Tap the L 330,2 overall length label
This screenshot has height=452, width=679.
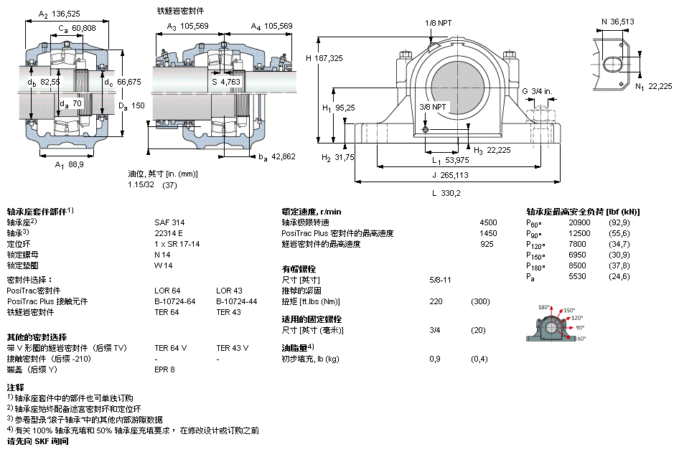pyautogui.click(x=446, y=192)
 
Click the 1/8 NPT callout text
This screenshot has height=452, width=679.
pyautogui.click(x=439, y=23)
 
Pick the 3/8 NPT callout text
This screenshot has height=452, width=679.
pyautogui.click(x=432, y=107)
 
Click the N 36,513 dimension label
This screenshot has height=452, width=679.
pyautogui.click(x=617, y=22)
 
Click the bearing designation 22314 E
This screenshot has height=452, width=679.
pyautogui.click(x=169, y=233)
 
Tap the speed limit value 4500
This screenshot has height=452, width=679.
pyautogui.click(x=487, y=222)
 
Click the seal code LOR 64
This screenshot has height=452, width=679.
pyautogui.click(x=167, y=291)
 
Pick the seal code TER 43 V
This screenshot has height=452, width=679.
pyautogui.click(x=232, y=348)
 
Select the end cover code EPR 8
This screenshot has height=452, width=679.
pyautogui.click(x=164, y=369)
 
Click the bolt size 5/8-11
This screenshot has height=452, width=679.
pyautogui.click(x=439, y=279)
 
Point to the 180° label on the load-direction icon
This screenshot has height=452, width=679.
pyautogui.click(x=543, y=306)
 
